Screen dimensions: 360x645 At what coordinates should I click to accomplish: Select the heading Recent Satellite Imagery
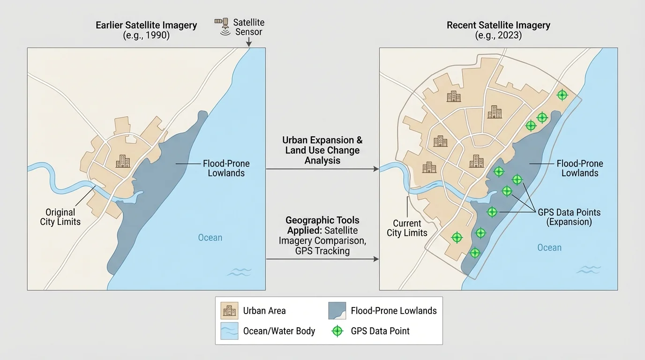pos(498,25)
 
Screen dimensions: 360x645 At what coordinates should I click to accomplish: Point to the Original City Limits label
pos(60,217)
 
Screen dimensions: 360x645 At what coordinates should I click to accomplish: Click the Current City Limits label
pos(407,228)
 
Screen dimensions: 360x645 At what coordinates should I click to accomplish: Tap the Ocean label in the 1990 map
pos(210,238)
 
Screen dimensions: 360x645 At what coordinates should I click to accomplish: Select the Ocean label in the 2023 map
pos(549,247)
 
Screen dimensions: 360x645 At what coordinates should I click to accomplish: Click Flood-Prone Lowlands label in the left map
pos(226,168)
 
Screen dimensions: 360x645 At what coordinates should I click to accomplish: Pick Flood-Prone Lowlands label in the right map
pos(580,168)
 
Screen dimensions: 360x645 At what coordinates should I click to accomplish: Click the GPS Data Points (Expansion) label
pos(569,217)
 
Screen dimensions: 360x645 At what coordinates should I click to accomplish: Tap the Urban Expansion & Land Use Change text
pos(322,150)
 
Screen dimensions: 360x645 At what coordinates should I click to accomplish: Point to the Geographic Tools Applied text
pos(322,235)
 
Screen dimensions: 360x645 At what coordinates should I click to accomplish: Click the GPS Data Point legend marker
pos(337,331)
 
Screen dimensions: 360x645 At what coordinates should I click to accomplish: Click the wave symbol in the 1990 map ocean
pos(239,272)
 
